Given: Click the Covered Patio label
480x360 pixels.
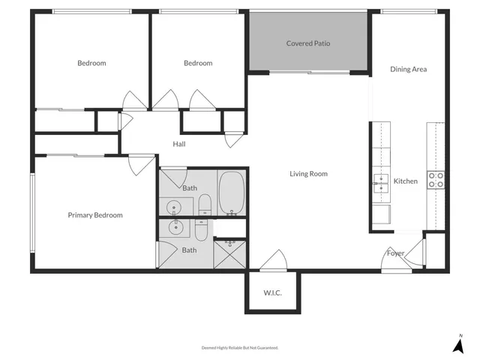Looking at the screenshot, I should [x=307, y=43].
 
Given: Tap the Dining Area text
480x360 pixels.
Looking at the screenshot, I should [x=409, y=69].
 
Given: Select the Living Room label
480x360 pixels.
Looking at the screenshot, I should [x=309, y=174].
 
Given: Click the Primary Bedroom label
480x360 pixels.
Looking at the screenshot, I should [x=95, y=215].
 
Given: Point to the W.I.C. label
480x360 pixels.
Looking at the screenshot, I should [x=272, y=292].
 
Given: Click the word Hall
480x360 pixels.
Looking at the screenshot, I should [x=179, y=144].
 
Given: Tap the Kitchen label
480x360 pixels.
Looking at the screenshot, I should [x=406, y=181].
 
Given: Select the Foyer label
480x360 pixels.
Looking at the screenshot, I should [x=395, y=253].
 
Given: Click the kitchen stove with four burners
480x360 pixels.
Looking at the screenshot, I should [x=436, y=180].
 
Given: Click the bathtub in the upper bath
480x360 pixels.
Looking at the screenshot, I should [x=232, y=193].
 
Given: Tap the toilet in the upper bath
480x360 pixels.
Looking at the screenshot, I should [x=204, y=205].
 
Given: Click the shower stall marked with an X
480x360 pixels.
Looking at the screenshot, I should [x=229, y=253].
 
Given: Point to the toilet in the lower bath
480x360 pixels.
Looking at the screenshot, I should [x=202, y=227].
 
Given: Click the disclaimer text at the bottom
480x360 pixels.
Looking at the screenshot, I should [x=240, y=348].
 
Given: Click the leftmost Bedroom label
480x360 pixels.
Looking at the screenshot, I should [x=91, y=63].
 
